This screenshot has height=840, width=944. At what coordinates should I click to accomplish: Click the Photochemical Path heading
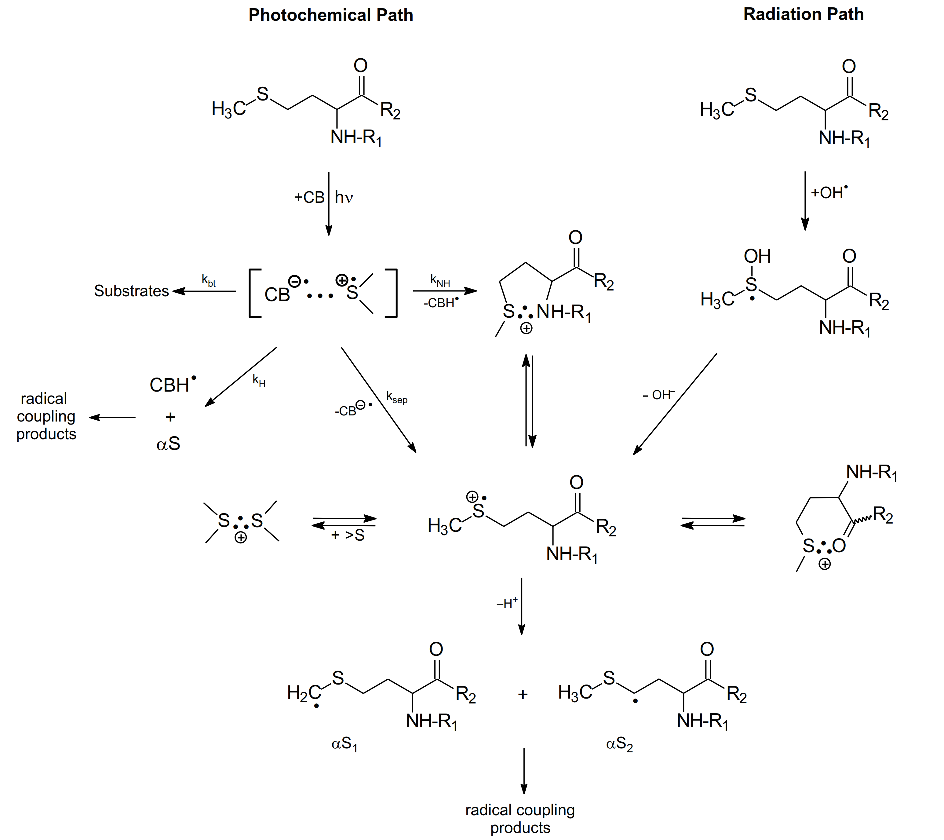pyautogui.click(x=331, y=15)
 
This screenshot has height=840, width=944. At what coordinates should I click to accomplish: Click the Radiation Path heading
pyautogui.click(x=803, y=14)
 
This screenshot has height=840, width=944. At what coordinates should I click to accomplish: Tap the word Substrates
pyautogui.click(x=132, y=291)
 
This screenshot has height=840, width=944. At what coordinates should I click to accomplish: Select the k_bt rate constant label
pyautogui.click(x=209, y=280)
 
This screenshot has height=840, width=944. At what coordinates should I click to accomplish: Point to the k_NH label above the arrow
pyautogui.click(x=440, y=280)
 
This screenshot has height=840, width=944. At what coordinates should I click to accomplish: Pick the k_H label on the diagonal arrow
pyautogui.click(x=259, y=381)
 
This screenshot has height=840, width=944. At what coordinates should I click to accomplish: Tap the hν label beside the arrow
pyautogui.click(x=344, y=198)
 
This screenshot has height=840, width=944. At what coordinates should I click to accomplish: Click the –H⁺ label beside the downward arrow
pyautogui.click(x=507, y=603)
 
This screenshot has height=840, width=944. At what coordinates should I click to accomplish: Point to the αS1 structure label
pyautogui.click(x=344, y=744)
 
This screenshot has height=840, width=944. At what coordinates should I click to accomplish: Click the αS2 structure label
pyautogui.click(x=619, y=744)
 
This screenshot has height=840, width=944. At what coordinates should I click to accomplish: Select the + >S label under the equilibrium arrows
pyautogui.click(x=348, y=535)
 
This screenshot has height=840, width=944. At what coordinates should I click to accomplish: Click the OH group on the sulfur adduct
pyautogui.click(x=757, y=256)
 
